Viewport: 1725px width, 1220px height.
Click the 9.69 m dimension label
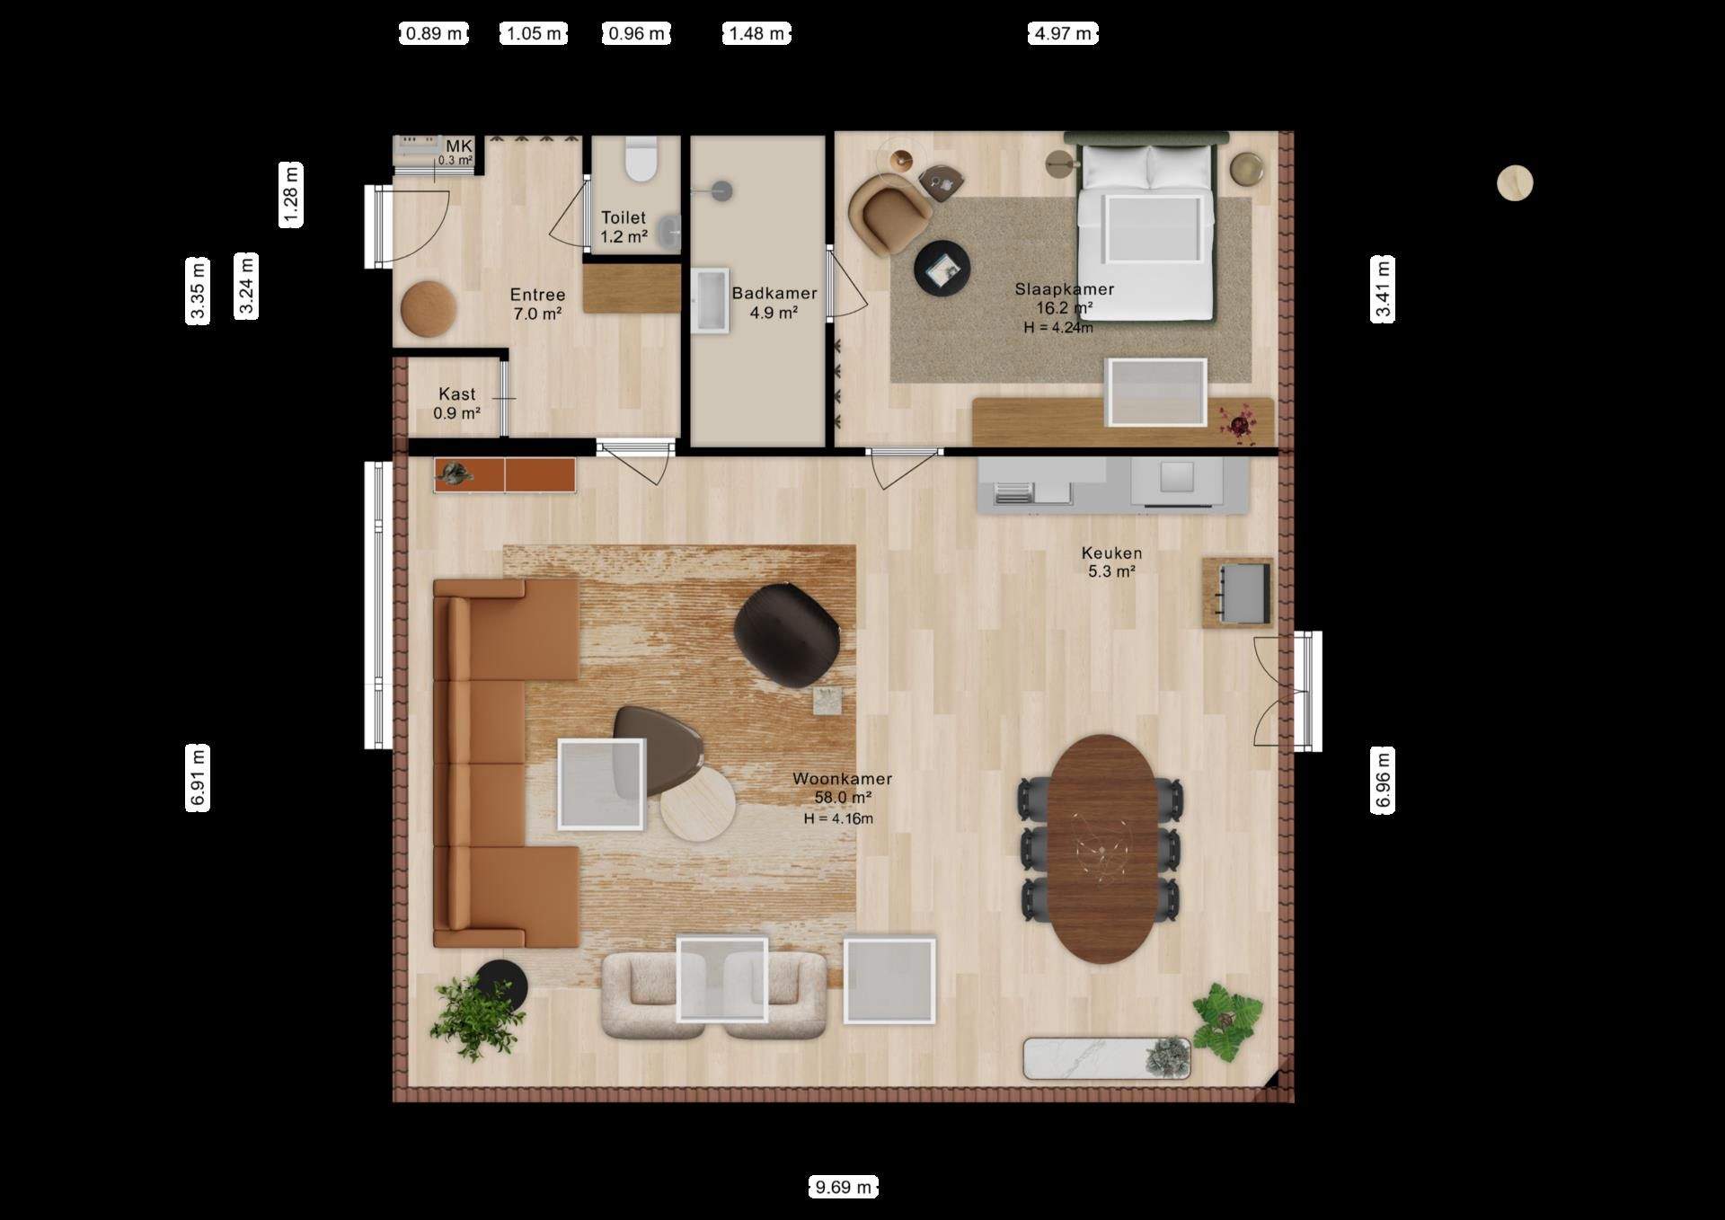(843, 1188)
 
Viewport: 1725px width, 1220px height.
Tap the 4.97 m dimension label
(1063, 34)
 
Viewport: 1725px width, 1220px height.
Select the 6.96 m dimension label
(1383, 780)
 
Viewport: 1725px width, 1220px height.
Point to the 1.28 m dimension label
(291, 195)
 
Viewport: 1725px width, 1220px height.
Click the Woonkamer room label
(842, 779)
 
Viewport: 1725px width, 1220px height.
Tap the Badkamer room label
(774, 293)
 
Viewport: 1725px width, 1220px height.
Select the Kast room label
(457, 394)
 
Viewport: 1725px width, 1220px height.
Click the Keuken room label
(1112, 553)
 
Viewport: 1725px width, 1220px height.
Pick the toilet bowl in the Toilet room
(641, 158)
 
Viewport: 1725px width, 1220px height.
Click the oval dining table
(1103, 849)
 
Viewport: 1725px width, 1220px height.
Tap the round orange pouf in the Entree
(429, 309)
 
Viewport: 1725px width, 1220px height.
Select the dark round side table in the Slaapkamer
(942, 267)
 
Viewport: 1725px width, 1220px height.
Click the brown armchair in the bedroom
(889, 213)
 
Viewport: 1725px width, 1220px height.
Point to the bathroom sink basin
(710, 301)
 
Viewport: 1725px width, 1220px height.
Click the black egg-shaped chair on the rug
(787, 634)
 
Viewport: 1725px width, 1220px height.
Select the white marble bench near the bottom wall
(1107, 1058)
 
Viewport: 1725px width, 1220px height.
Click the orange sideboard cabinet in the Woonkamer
(504, 475)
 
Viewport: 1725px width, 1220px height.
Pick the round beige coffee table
(698, 803)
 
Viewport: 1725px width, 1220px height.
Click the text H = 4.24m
(1058, 328)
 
